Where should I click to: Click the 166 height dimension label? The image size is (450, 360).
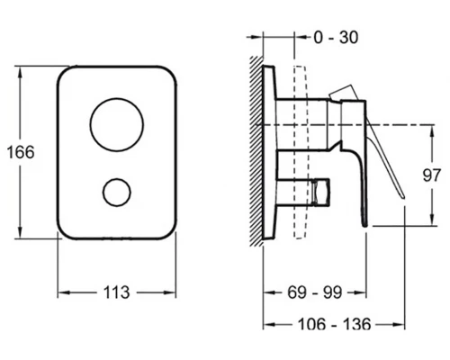(x=21, y=152)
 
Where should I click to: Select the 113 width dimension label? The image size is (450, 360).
(x=116, y=292)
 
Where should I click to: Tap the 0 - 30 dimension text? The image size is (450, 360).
(x=336, y=38)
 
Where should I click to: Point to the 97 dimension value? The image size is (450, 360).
(x=432, y=175)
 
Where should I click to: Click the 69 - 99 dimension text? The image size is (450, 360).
(x=315, y=292)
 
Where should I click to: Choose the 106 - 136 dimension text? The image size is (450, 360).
(x=334, y=324)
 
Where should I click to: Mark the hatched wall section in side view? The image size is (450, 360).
(x=256, y=151)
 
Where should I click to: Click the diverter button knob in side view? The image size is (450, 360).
(x=320, y=193)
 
